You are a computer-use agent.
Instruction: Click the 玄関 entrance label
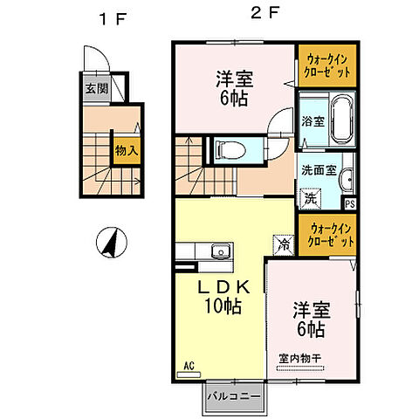(x=96, y=88)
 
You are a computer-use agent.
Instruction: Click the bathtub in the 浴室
(x=340, y=118)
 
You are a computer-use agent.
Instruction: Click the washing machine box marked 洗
(x=310, y=197)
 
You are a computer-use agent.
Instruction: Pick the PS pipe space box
(x=350, y=203)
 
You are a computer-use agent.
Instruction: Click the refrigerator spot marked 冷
(x=283, y=245)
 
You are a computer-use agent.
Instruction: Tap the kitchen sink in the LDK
(x=222, y=253)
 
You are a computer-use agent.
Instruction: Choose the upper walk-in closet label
(x=327, y=65)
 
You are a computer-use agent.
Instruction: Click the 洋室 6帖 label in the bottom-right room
(x=309, y=319)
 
